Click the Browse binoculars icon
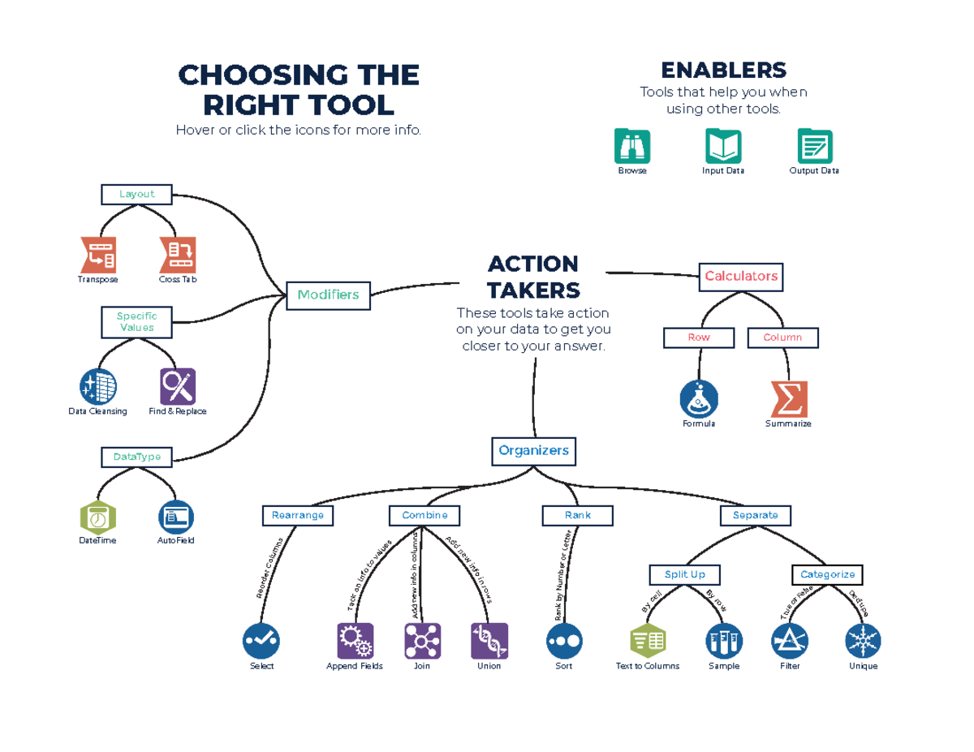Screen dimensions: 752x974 click(x=632, y=146)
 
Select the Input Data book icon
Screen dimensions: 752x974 click(x=722, y=146)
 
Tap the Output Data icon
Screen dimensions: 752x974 click(x=814, y=146)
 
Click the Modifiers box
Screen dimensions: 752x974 click(x=328, y=295)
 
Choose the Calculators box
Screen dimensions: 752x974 click(x=740, y=277)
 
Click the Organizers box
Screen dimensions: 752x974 click(x=533, y=450)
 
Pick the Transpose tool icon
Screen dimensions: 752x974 click(x=97, y=255)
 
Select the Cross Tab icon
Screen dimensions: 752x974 click(x=178, y=255)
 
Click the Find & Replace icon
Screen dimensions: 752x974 click(x=178, y=386)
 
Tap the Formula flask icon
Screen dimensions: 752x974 click(x=699, y=398)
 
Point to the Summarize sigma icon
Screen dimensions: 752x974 click(x=788, y=398)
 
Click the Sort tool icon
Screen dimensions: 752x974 click(x=563, y=641)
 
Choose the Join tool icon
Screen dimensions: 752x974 click(x=422, y=641)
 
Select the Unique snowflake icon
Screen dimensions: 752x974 click(x=863, y=641)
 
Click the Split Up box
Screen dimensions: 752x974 click(x=684, y=574)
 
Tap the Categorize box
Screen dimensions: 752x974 click(x=827, y=574)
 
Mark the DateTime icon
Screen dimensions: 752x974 click(x=97, y=518)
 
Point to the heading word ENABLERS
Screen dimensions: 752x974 click(x=722, y=70)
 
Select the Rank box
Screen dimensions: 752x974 click(x=577, y=515)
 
